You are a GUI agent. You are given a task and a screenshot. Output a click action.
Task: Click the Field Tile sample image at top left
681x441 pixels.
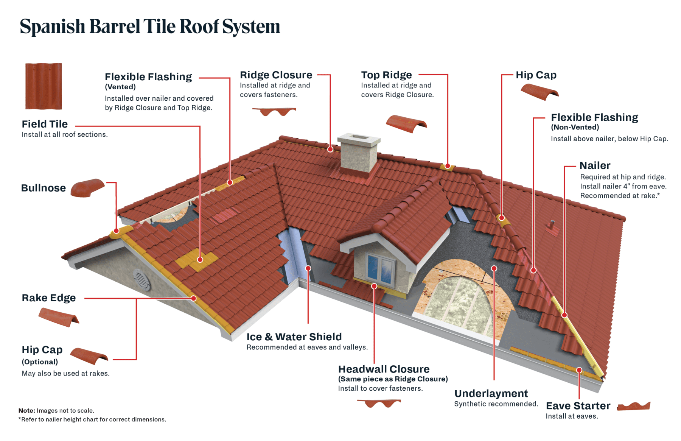click(44, 86)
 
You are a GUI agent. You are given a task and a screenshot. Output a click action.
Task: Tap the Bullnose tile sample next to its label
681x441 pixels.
click(87, 188)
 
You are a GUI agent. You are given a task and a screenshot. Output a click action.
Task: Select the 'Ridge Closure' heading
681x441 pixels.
click(276, 75)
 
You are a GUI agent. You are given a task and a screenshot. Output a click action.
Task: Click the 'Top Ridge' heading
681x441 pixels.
click(386, 75)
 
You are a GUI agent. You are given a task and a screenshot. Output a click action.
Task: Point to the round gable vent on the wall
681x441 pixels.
click(141, 280)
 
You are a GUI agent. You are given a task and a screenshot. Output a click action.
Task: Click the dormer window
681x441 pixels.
click(380, 269)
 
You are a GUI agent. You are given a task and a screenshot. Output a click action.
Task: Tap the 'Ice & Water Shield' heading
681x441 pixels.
click(294, 337)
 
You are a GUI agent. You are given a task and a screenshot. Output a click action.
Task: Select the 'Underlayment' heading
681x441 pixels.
click(491, 393)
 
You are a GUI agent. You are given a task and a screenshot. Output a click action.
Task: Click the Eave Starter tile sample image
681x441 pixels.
click(633, 406)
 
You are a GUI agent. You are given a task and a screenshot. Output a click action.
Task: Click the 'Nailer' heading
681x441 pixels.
click(595, 165)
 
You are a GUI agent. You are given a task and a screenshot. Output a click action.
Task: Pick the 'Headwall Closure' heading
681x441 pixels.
click(384, 369)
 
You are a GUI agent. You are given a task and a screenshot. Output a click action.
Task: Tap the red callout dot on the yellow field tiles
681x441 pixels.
click(200, 260)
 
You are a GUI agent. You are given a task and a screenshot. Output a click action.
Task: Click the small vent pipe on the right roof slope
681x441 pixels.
click(552, 225)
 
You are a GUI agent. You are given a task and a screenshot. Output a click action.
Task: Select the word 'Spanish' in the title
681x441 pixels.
click(52, 27)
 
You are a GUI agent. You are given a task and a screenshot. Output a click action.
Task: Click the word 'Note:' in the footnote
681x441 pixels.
click(26, 410)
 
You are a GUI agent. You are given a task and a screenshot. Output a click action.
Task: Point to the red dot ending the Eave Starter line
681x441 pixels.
click(579, 370)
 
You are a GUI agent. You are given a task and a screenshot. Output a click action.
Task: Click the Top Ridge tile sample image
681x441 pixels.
click(406, 124)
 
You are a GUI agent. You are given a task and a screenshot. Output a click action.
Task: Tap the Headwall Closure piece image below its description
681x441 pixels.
click(379, 403)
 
